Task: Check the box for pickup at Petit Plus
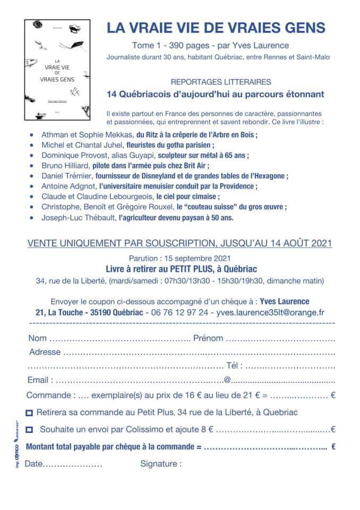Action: coord(29,412)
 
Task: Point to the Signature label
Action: coord(161,463)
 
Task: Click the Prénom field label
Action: coord(208,338)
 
